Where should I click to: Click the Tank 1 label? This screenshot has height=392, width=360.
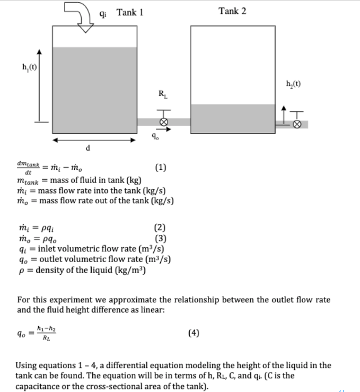coord(130,12)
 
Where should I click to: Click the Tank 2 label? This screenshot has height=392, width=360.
coord(232,11)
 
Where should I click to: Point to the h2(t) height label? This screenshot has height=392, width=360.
coord(295,83)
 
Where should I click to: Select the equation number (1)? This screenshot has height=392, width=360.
coord(161,168)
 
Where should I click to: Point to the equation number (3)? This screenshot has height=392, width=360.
coord(161,238)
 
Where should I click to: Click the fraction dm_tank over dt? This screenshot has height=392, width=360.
coord(28,168)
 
